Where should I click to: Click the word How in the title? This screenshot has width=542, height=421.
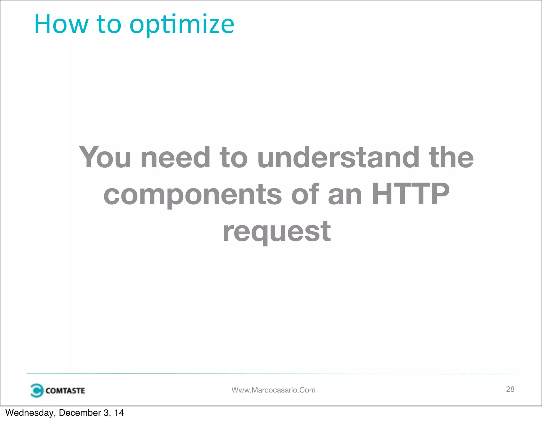pos(61,24)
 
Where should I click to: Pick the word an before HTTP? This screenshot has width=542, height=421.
pos(345,195)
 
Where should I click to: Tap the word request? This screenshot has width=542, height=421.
pos(277,232)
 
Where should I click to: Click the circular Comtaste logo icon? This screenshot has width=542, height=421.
pos(37,390)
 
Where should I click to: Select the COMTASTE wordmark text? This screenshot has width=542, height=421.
pos(65,391)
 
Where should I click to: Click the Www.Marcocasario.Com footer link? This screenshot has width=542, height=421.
pos(273,390)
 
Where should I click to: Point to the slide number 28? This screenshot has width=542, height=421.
pos(510,389)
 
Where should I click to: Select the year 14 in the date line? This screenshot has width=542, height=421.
pos(119,413)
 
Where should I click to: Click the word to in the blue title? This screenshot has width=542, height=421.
pos(109,24)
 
